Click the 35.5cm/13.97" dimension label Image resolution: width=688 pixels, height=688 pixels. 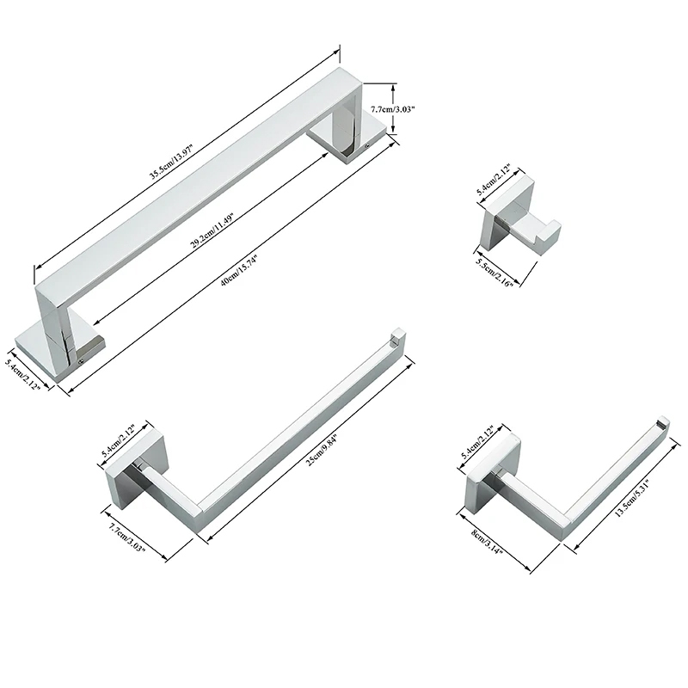coord(172,162)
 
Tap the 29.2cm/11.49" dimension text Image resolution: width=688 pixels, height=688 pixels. coord(212,230)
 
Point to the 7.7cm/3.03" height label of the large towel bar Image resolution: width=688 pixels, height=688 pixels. coord(393,109)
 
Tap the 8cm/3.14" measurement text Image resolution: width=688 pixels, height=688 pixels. coord(487,541)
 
